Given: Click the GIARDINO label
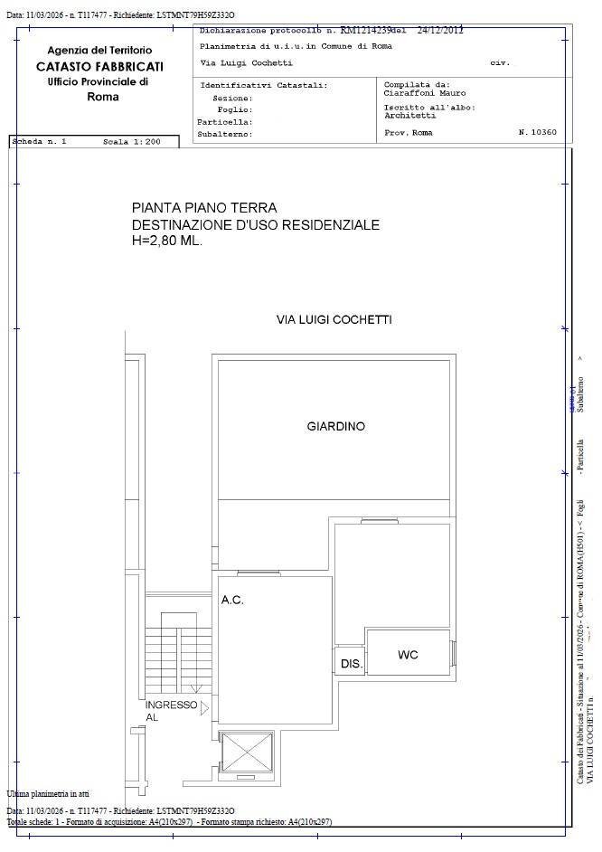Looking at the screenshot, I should [335, 426].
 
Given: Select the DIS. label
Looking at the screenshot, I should [351, 664].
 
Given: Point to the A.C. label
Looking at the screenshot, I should [232, 600].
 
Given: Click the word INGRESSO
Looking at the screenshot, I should [171, 705].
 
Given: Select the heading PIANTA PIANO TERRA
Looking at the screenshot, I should [204, 208].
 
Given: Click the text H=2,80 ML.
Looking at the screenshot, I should [167, 241].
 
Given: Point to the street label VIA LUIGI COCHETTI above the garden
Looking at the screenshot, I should [334, 319].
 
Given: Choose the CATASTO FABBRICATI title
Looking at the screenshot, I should [99, 66].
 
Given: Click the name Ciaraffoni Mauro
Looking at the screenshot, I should [424, 93].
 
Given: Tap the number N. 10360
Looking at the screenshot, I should [538, 133].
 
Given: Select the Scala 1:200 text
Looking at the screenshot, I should [131, 142].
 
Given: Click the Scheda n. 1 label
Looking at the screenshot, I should [39, 142].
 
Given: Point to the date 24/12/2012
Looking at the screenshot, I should [440, 30].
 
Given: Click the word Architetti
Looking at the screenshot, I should [409, 116].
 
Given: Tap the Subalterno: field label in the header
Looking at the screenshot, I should [225, 134].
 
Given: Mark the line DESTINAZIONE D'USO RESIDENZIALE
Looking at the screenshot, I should [256, 225].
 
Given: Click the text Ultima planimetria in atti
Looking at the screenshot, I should [47, 792].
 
